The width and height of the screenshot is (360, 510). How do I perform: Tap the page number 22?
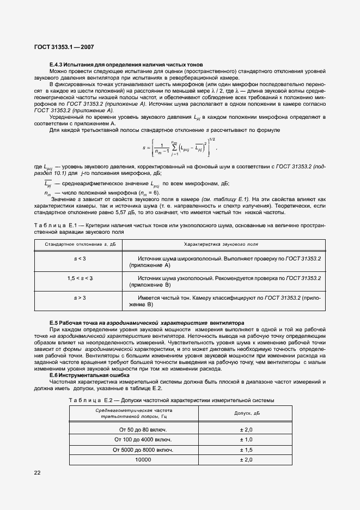click(x=38, y=472)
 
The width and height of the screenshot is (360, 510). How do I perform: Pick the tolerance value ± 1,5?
click(x=246, y=450)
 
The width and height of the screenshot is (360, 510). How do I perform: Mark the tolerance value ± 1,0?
click(x=246, y=439)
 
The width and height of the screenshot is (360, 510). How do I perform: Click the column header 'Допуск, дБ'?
click(x=246, y=414)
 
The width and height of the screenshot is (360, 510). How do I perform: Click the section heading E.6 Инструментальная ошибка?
click(x=90, y=375)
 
